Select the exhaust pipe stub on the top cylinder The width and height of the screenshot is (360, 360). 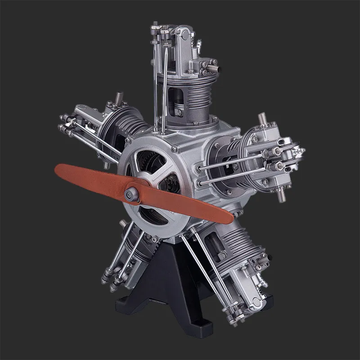tap(216, 68)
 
